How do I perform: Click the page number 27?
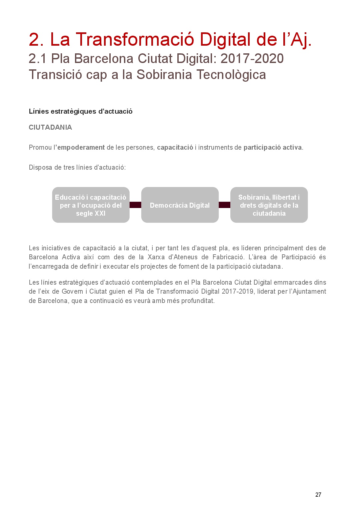click(x=318, y=495)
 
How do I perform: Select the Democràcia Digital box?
click(x=180, y=205)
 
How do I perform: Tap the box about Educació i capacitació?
click(x=91, y=205)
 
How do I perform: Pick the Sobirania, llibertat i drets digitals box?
click(x=269, y=205)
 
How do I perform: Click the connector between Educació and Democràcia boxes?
click(x=135, y=205)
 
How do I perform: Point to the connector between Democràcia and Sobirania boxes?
click(x=224, y=205)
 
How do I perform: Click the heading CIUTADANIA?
click(x=50, y=127)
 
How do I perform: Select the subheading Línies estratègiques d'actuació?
click(x=81, y=111)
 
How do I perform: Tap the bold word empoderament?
click(x=81, y=147)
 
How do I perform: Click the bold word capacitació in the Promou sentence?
click(x=175, y=147)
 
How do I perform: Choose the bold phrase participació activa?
click(x=273, y=147)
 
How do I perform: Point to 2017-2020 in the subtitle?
click(x=252, y=59)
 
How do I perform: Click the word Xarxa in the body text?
click(x=156, y=257)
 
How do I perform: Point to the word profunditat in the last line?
click(x=198, y=301)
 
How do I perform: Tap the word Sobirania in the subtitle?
click(x=164, y=75)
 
